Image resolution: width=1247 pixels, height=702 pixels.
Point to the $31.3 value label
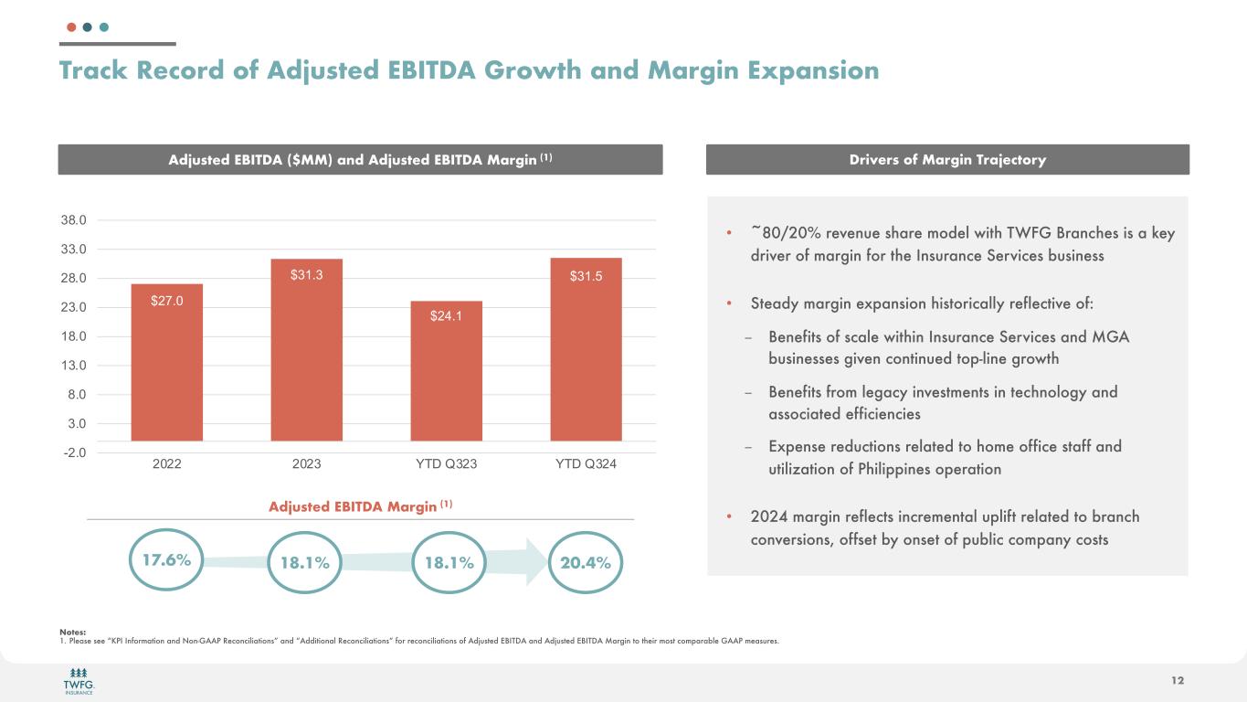(306, 274)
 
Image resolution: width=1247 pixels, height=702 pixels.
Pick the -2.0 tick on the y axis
(75, 452)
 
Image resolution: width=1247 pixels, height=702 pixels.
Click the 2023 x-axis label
(306, 464)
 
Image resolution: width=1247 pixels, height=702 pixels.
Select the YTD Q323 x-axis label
(447, 464)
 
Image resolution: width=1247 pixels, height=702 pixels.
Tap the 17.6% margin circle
(166, 560)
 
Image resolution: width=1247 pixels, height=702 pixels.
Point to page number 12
(1178, 680)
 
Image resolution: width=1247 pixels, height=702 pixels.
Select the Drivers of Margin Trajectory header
(948, 160)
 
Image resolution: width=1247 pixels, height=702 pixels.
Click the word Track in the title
(100, 70)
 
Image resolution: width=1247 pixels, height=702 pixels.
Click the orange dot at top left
(72, 27)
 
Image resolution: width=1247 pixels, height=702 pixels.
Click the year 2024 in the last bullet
(770, 517)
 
